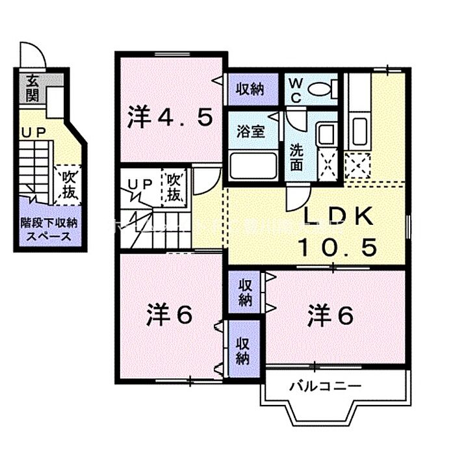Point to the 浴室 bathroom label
250,130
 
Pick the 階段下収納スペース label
48,229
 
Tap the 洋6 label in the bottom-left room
169,317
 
